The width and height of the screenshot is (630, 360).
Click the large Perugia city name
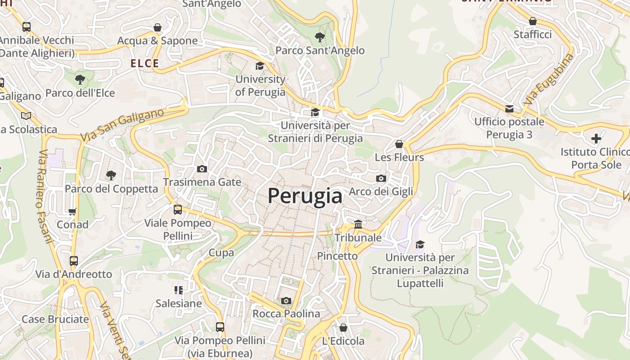305,196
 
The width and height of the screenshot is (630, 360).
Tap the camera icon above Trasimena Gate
202,169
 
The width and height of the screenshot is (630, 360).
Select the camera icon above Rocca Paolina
286,301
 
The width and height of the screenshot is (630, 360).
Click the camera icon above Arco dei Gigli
381,178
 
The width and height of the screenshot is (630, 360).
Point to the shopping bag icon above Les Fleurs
399,144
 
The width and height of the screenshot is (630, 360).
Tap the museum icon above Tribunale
358,224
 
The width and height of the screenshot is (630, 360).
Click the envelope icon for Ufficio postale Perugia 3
509,108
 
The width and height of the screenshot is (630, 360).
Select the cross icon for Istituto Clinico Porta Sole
596,138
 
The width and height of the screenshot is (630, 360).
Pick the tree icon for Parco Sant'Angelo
320,37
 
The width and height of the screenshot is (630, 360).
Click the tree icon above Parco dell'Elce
80,80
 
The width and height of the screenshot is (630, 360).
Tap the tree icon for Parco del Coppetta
111,175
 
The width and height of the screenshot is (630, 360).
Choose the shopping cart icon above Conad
72,211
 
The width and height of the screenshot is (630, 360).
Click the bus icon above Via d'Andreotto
74,261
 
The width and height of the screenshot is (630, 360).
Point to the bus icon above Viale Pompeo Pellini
178,209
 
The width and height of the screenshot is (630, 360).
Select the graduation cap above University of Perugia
260,66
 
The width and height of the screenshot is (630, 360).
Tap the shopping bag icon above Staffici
533,21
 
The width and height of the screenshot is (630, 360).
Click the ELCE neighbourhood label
145,63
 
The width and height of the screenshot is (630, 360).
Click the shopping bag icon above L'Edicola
343,328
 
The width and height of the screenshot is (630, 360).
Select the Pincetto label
337,256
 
